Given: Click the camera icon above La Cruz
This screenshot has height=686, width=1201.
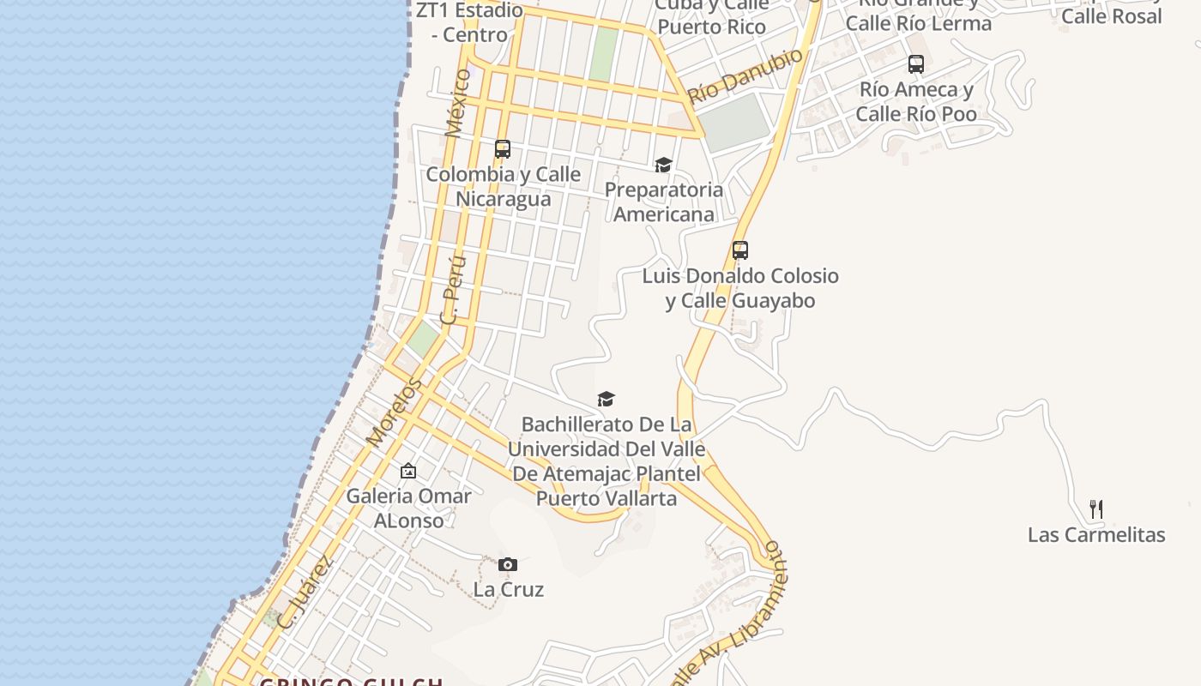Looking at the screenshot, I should [x=508, y=564].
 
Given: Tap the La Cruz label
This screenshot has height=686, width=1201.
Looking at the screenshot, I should [x=508, y=590].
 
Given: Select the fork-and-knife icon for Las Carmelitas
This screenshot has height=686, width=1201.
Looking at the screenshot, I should [x=1095, y=509].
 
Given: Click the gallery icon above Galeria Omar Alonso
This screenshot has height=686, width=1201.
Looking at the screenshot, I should [x=408, y=471].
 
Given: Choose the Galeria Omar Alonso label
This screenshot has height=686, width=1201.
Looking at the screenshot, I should [x=408, y=508].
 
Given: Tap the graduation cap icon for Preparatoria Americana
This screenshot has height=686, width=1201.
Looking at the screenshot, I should [x=663, y=165].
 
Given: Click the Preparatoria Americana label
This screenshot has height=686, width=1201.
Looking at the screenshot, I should [x=664, y=202].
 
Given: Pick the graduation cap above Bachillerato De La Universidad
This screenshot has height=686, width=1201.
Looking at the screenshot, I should [x=607, y=399].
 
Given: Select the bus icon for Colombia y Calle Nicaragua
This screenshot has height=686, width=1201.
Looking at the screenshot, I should [x=503, y=149].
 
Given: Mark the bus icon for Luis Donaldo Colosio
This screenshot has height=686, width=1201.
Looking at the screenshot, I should [x=740, y=250].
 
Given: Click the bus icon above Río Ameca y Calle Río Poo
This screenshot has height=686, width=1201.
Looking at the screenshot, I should [x=916, y=64].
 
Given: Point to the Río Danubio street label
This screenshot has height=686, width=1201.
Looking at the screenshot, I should [x=745, y=75].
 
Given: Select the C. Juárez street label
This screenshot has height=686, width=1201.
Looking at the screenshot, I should [x=305, y=593].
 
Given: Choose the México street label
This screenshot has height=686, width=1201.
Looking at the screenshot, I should [x=458, y=103].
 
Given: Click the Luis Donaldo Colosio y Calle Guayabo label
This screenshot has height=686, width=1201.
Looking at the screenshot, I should [x=740, y=288].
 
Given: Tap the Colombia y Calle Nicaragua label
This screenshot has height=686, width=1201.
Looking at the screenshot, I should [x=504, y=186].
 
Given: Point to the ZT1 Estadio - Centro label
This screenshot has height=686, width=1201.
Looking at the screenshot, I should [x=469, y=22].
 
